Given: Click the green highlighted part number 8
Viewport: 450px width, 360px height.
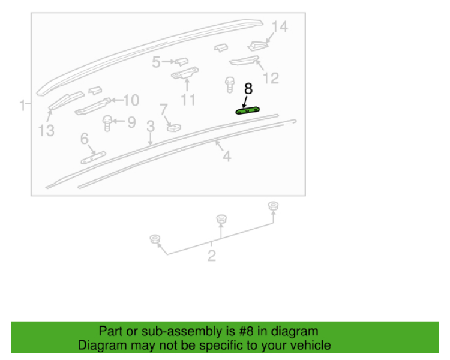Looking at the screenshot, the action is [x=248, y=110].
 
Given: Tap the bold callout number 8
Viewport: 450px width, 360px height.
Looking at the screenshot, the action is [x=248, y=89].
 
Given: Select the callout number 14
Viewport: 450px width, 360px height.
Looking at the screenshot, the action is [x=280, y=26].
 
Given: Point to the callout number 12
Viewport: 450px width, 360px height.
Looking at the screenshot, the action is [x=271, y=78].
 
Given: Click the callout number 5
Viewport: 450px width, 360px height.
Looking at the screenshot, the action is [x=156, y=62].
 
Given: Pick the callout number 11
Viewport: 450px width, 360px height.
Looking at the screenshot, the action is [x=188, y=100].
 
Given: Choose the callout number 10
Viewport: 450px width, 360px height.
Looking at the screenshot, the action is [x=131, y=100].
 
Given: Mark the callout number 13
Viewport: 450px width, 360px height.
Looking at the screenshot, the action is [x=46, y=131].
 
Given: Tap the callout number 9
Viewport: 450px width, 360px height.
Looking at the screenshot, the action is [x=131, y=122].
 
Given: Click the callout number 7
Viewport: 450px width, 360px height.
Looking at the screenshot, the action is [x=164, y=109].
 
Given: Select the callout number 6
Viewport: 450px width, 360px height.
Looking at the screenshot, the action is [x=85, y=139].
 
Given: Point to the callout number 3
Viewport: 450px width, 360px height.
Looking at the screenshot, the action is [x=151, y=126].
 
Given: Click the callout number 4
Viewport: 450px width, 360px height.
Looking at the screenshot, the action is [x=227, y=156].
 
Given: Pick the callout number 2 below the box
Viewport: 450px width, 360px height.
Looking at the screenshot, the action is [x=212, y=256].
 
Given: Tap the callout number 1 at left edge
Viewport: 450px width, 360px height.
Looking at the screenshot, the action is [x=22, y=106].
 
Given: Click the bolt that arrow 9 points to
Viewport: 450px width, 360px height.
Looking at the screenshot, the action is [x=107, y=123].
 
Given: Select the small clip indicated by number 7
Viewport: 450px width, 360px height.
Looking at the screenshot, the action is [x=174, y=127].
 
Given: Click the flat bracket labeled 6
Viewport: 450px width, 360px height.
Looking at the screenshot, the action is [x=93, y=158].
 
